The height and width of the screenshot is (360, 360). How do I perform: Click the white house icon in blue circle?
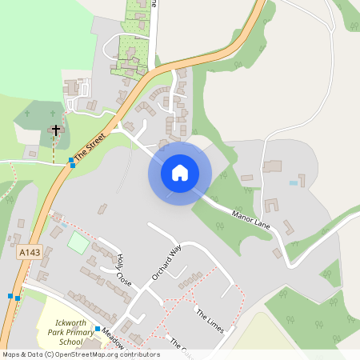tap(180, 172)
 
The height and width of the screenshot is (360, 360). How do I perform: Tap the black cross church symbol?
tap(55, 130)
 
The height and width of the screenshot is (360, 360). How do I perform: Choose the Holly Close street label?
tap(123, 270)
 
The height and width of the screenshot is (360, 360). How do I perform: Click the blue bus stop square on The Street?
tap(71, 162)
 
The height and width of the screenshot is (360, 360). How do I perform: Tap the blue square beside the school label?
tap(98, 329)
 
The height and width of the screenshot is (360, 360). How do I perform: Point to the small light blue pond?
tap(294, 183)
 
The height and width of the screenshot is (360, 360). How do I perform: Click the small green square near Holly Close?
tap(78, 241)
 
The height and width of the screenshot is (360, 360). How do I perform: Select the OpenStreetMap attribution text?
tap(81, 354)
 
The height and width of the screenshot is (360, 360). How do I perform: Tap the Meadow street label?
tap(111, 339)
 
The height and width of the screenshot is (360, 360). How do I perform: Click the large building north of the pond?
tap(272, 166)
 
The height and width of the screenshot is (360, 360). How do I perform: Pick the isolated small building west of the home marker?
tap(102, 209)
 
